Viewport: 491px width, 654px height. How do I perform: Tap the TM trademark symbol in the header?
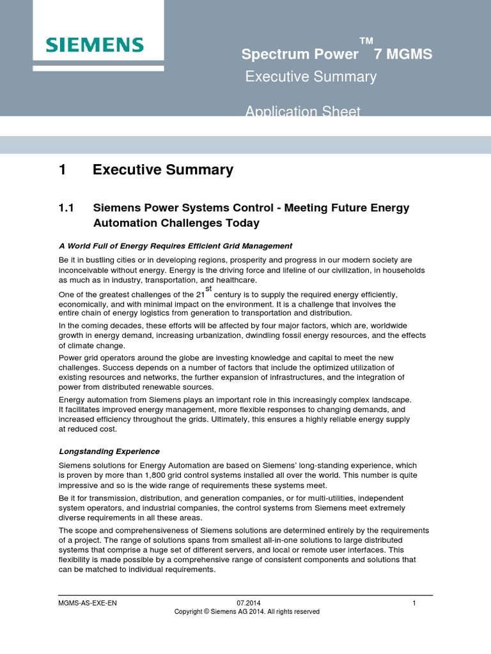[x=366, y=42]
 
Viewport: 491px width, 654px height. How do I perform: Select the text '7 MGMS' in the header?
[x=403, y=55]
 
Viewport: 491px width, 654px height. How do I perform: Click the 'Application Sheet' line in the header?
[x=303, y=112]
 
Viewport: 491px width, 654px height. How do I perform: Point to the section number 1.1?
[x=66, y=208]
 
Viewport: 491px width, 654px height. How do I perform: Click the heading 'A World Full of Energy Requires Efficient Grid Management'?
[x=175, y=246]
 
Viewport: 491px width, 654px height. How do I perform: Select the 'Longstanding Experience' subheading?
[x=109, y=452]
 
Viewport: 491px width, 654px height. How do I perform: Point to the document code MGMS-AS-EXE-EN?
[x=88, y=602]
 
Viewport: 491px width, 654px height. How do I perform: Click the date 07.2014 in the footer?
[x=248, y=602]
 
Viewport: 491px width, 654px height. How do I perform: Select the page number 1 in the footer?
[x=414, y=602]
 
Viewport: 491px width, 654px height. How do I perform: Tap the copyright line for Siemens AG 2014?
[x=247, y=612]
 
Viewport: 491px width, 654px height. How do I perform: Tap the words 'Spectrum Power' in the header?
[x=291, y=55]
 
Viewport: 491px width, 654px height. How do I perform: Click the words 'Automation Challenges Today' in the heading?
[x=176, y=224]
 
